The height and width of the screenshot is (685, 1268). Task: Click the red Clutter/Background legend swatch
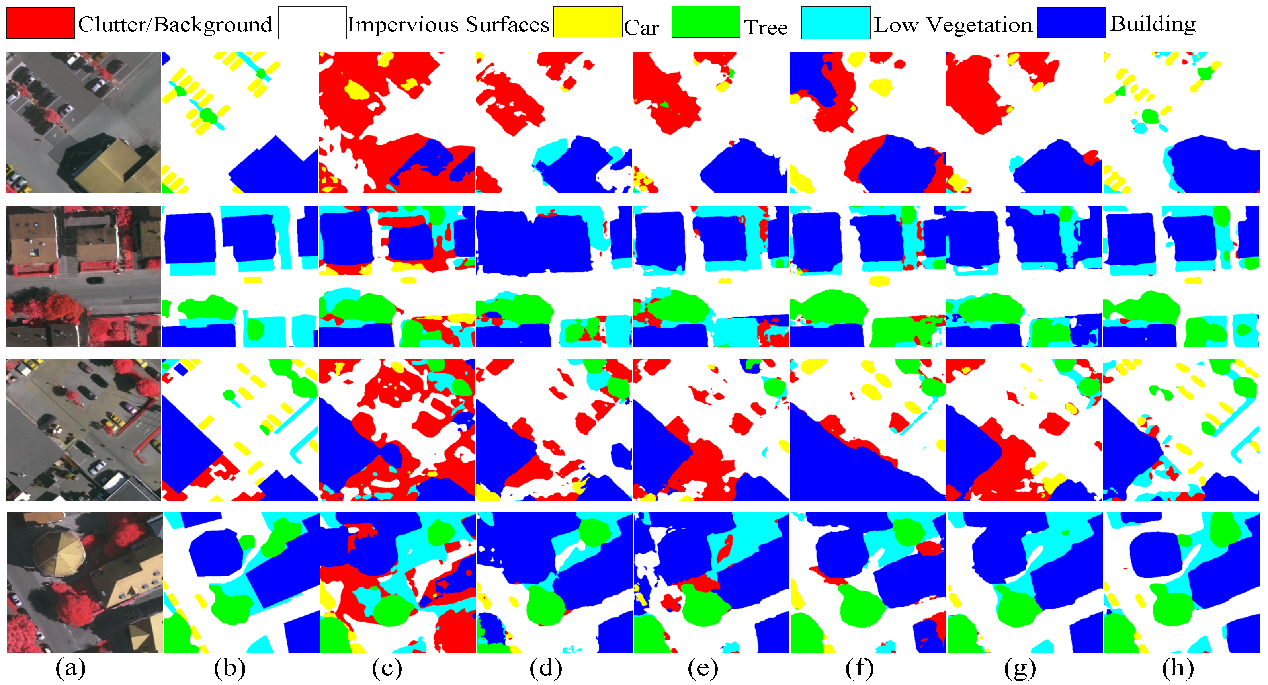(x=40, y=23)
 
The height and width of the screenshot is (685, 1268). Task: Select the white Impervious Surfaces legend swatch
(x=312, y=23)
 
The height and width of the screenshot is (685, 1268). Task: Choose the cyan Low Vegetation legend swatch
(x=835, y=23)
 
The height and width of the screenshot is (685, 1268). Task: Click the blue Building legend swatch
(x=1071, y=23)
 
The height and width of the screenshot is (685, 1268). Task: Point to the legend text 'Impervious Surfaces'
(x=448, y=25)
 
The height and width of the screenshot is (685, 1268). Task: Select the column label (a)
(x=70, y=668)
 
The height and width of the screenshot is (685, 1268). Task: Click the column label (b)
(x=229, y=668)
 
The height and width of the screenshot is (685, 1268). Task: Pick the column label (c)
(x=387, y=668)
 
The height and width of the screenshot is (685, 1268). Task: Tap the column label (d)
(x=545, y=668)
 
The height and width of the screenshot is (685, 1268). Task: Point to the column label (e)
(x=703, y=668)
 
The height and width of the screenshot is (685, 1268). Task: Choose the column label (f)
(x=860, y=668)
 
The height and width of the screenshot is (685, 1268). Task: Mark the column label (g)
(x=1020, y=668)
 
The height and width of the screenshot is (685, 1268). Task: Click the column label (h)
(x=1178, y=668)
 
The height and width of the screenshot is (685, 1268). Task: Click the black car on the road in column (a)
(x=94, y=281)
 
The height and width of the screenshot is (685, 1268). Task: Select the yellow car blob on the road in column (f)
(x=879, y=281)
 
